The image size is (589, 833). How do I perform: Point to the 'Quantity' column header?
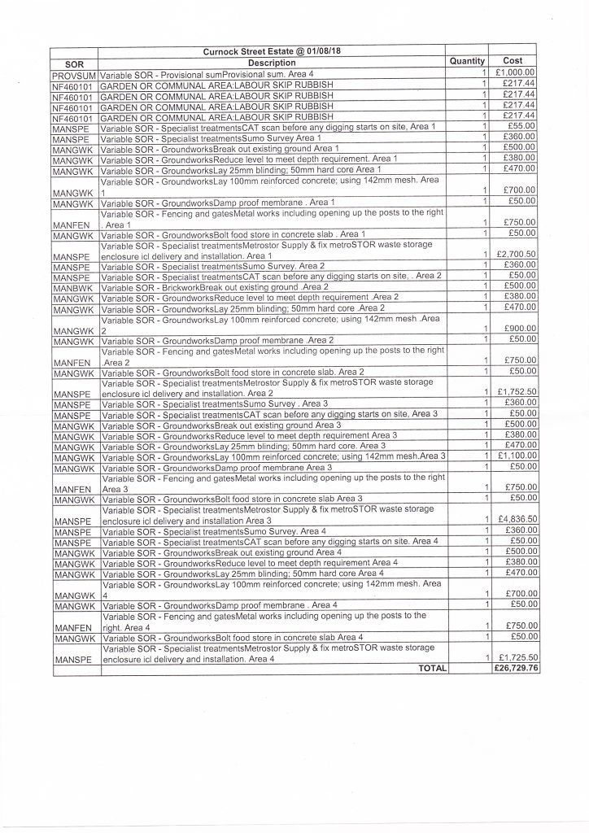click(x=467, y=61)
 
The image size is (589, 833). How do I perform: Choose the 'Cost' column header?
click(x=513, y=61)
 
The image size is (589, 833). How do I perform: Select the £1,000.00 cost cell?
click(x=514, y=73)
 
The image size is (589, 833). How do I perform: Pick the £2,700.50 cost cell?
click(x=514, y=255)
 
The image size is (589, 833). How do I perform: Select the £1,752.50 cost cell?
click(x=514, y=392)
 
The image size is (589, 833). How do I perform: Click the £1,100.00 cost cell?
click(x=514, y=456)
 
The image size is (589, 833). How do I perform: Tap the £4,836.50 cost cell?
click(x=514, y=520)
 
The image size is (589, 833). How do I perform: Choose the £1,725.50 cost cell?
click(x=514, y=657)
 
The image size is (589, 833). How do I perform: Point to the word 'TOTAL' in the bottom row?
click(x=432, y=668)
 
